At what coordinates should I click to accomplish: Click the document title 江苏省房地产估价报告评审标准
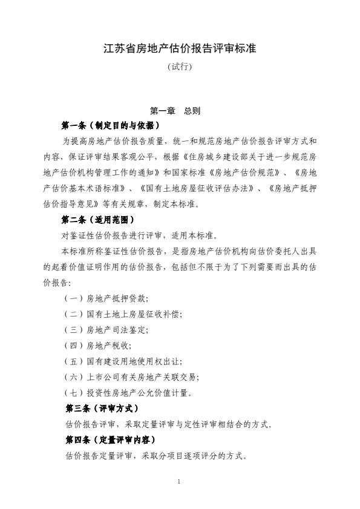180,48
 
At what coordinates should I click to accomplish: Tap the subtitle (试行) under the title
180,67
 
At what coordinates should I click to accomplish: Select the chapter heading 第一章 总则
175,111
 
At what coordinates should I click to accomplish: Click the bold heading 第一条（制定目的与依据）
110,126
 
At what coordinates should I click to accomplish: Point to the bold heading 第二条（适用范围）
97,220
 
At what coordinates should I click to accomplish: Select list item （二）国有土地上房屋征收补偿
123,314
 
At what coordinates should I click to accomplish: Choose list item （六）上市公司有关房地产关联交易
131,377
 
